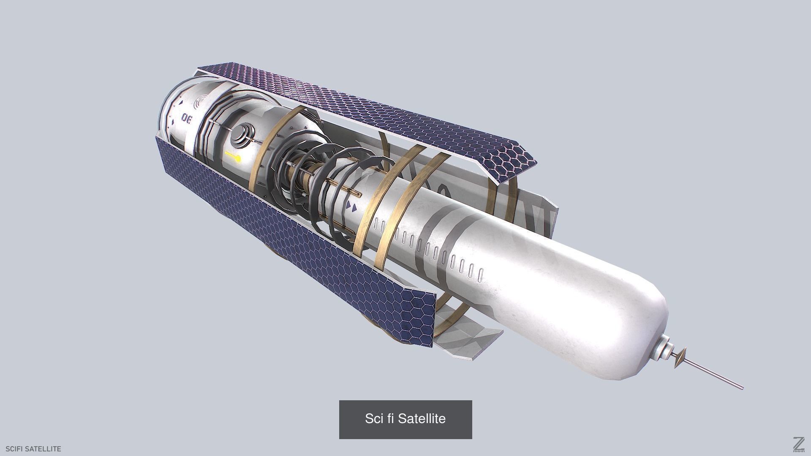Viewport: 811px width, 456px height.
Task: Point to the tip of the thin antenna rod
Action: pos(741,388)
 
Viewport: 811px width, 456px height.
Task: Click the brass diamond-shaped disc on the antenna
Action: pos(680,358)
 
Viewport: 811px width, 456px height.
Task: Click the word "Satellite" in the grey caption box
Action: pos(422,419)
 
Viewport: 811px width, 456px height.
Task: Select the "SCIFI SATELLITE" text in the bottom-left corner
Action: pos(33,449)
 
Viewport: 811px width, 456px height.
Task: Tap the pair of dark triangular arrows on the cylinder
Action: pos(351,206)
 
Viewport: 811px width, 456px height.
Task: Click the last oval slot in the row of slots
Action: pos(480,275)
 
